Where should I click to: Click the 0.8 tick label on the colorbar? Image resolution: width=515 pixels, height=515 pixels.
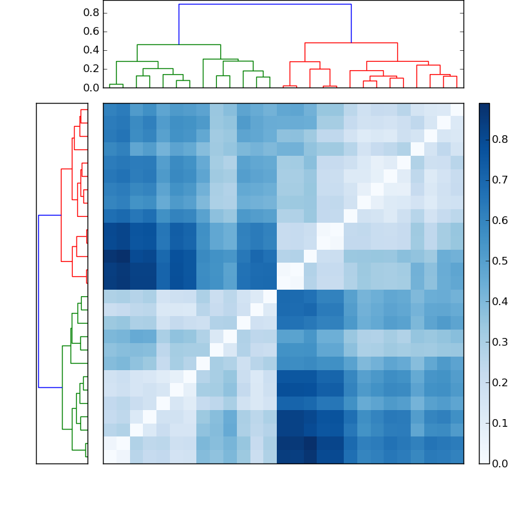tap(500, 138)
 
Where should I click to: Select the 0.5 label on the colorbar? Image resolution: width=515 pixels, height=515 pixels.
tap(500, 260)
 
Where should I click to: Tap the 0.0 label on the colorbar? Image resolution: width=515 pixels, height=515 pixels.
tap(500, 463)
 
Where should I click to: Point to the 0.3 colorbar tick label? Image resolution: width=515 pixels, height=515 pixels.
tap(500, 341)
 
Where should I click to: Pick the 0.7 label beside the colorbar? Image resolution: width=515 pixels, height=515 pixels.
tap(500, 179)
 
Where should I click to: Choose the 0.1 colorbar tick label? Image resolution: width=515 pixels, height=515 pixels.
tap(500, 422)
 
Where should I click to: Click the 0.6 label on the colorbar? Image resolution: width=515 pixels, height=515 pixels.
tap(500, 220)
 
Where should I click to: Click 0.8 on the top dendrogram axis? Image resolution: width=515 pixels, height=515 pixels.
tap(91, 12)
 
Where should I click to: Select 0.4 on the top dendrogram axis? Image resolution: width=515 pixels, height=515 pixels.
tap(91, 50)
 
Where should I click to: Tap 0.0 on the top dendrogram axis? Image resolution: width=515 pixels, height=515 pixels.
tap(91, 87)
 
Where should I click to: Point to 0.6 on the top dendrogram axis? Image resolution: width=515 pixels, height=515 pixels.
tap(91, 31)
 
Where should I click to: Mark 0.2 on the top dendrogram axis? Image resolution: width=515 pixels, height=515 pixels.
tap(91, 68)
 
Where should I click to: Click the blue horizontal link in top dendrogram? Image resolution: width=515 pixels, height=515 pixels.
tap(265, 5)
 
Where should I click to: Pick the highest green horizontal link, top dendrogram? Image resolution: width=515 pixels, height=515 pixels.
tap(178, 44)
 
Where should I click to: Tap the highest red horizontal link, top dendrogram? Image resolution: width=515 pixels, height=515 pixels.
tap(351, 42)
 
